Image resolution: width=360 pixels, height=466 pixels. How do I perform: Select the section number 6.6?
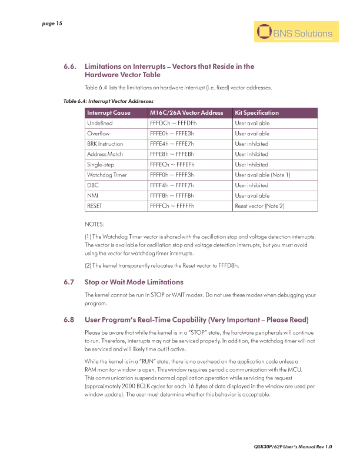[71, 66]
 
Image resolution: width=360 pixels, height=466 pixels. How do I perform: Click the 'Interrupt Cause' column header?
[109, 113]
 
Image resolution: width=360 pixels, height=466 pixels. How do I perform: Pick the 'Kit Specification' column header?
[256, 113]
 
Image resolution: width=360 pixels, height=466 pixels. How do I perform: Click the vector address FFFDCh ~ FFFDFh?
[173, 124]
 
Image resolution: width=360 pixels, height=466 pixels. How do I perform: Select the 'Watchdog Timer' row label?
[107, 175]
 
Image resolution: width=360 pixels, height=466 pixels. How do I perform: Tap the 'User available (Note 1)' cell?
[262, 175]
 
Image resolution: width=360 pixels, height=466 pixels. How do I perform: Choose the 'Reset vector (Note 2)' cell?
[259, 206]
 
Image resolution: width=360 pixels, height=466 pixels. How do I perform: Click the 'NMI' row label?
[92, 195]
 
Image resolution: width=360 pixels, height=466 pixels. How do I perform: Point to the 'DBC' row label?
[92, 185]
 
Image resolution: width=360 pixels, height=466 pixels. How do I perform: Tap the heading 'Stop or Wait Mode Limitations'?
[134, 282]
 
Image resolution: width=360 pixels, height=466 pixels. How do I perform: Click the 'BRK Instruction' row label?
[105, 144]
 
